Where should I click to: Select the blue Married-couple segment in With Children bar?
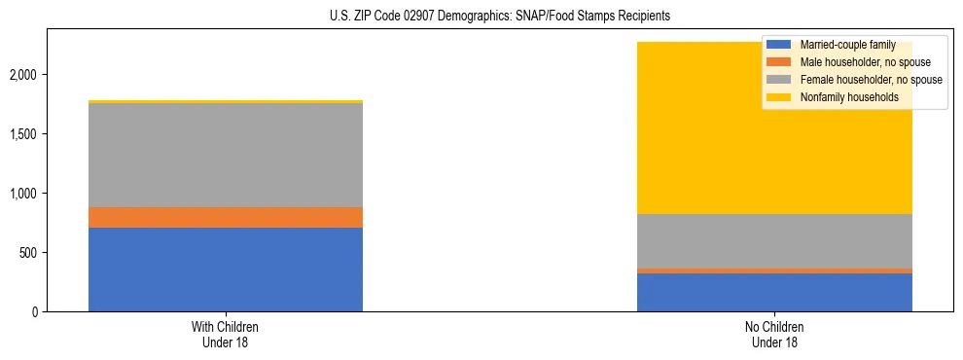(226, 270)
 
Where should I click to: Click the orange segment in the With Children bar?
(226, 217)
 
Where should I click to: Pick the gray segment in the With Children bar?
(226, 155)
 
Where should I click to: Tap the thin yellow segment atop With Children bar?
(226, 101)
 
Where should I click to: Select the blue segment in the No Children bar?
(774, 292)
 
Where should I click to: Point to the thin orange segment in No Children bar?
(774, 270)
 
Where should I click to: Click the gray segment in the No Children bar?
(774, 241)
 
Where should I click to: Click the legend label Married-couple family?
(844, 45)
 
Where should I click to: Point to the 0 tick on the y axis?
(36, 312)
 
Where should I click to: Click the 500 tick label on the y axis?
(30, 253)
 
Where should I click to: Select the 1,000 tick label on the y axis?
(25, 194)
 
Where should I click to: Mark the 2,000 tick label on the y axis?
(25, 75)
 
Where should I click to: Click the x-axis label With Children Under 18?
(226, 334)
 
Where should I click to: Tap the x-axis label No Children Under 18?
(774, 334)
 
